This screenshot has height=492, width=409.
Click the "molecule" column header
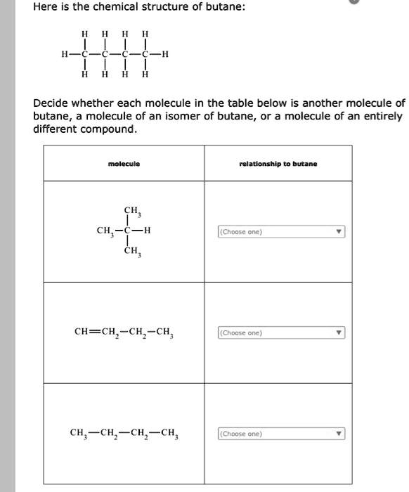tap(124, 164)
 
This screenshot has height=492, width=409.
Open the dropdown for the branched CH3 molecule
tap(281, 232)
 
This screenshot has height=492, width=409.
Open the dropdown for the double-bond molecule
tap(281, 332)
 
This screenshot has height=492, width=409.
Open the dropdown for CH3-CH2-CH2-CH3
tap(281, 434)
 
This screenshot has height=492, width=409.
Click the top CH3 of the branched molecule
tap(131, 211)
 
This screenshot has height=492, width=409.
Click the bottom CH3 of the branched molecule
tap(131, 251)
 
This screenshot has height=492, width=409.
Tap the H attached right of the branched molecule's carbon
tap(147, 231)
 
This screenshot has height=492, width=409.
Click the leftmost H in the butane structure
tap(65, 54)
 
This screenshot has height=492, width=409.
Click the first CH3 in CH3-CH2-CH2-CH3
tap(79, 433)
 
